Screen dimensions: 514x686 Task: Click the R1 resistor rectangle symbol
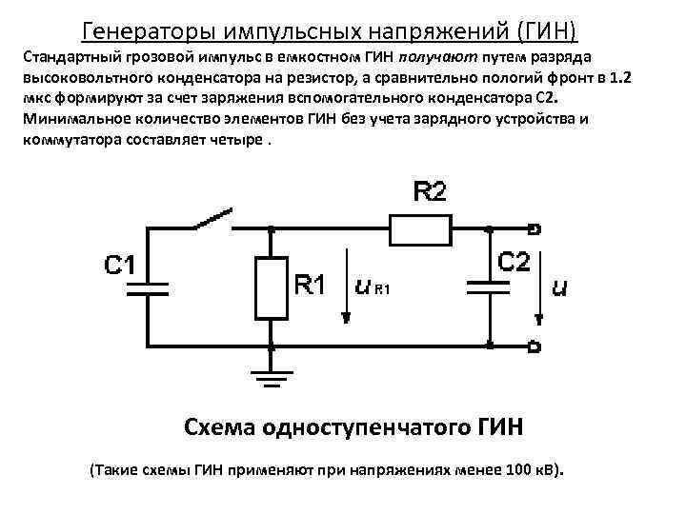pyautogui.click(x=272, y=287)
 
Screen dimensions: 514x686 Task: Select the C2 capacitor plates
pyautogui.click(x=489, y=287)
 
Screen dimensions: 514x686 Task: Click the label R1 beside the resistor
pyautogui.click(x=310, y=285)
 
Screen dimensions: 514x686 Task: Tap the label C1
pyautogui.click(x=120, y=265)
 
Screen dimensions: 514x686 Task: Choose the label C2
pyautogui.click(x=514, y=263)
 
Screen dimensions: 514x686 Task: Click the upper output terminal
pyautogui.click(x=535, y=228)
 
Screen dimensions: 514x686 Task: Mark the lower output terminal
pyautogui.click(x=535, y=346)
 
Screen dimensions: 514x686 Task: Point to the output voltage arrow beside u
pyautogui.click(x=542, y=286)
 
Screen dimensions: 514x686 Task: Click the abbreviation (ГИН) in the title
pyautogui.click(x=548, y=30)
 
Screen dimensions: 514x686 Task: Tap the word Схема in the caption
pyautogui.click(x=216, y=425)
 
